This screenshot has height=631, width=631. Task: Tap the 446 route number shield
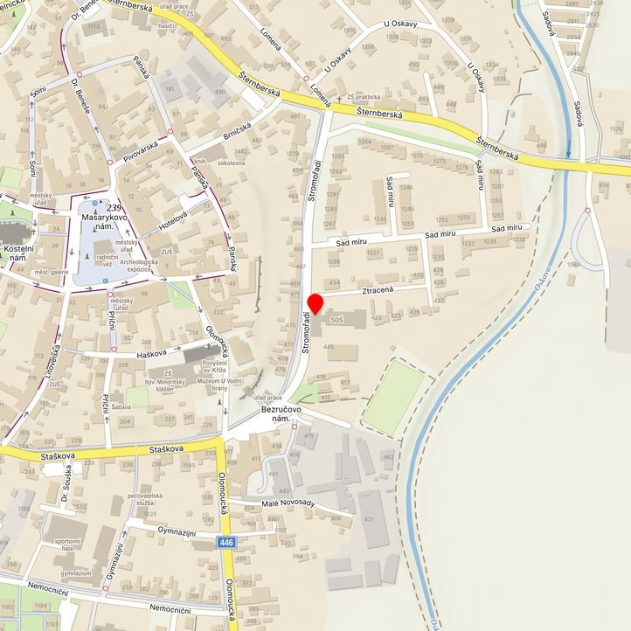(227, 544)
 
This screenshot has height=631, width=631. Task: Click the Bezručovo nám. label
(281, 414)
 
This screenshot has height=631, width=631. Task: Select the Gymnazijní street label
(176, 531)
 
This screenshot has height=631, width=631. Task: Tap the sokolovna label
(232, 163)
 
